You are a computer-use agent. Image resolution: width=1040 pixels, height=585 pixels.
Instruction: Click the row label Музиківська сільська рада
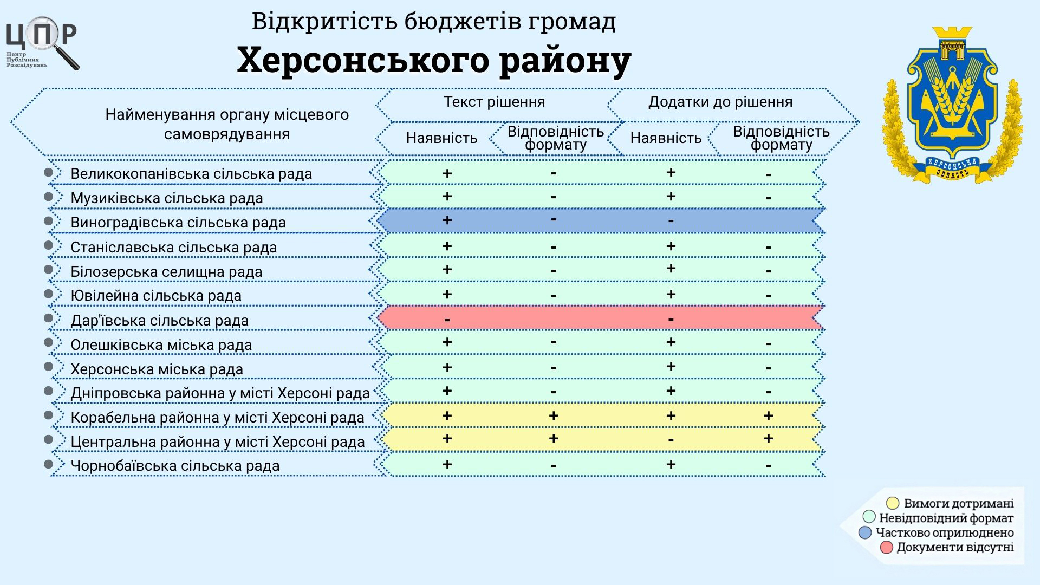pyautogui.click(x=167, y=198)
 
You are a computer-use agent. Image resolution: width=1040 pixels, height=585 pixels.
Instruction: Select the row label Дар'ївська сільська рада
pyautogui.click(x=160, y=321)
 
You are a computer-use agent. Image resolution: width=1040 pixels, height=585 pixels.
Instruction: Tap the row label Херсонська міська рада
pyautogui.click(x=157, y=369)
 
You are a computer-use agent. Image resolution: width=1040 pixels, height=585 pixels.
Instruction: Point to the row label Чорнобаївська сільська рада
pyautogui.click(x=175, y=466)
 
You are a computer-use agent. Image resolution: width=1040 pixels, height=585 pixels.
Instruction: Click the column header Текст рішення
pyautogui.click(x=495, y=102)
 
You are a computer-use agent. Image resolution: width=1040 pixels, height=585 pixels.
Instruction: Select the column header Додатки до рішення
pyautogui.click(x=720, y=102)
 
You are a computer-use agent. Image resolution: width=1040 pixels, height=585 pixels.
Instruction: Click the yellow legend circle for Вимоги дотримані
pyautogui.click(x=892, y=504)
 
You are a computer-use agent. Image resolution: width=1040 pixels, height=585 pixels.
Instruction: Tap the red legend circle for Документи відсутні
pyautogui.click(x=886, y=547)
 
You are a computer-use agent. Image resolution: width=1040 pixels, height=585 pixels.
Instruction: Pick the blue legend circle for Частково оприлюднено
pyautogui.click(x=865, y=532)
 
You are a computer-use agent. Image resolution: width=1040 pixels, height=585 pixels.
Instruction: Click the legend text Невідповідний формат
pyautogui.click(x=946, y=518)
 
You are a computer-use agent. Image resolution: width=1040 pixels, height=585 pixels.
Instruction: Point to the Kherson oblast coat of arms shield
pyautogui.click(x=952, y=89)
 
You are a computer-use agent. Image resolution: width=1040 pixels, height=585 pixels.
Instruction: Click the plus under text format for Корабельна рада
pyautogui.click(x=553, y=415)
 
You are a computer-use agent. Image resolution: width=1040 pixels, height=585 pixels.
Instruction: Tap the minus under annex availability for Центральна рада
pyautogui.click(x=671, y=440)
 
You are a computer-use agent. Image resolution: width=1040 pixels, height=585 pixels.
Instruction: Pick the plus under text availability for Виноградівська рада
pyautogui.click(x=447, y=220)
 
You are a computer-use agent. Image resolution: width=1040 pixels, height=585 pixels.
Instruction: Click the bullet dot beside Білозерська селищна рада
pyautogui.click(x=49, y=269)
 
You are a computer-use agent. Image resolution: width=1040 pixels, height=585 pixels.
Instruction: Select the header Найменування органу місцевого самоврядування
pyautogui.click(x=227, y=124)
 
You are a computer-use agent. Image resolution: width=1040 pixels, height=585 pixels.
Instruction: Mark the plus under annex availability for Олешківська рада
pyautogui.click(x=671, y=342)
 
